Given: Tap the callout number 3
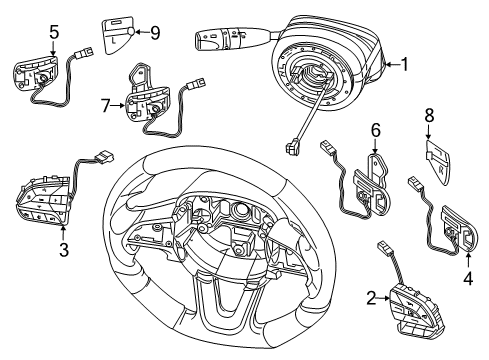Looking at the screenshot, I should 63,250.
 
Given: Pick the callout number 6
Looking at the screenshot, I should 377,130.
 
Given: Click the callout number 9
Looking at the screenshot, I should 154,32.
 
